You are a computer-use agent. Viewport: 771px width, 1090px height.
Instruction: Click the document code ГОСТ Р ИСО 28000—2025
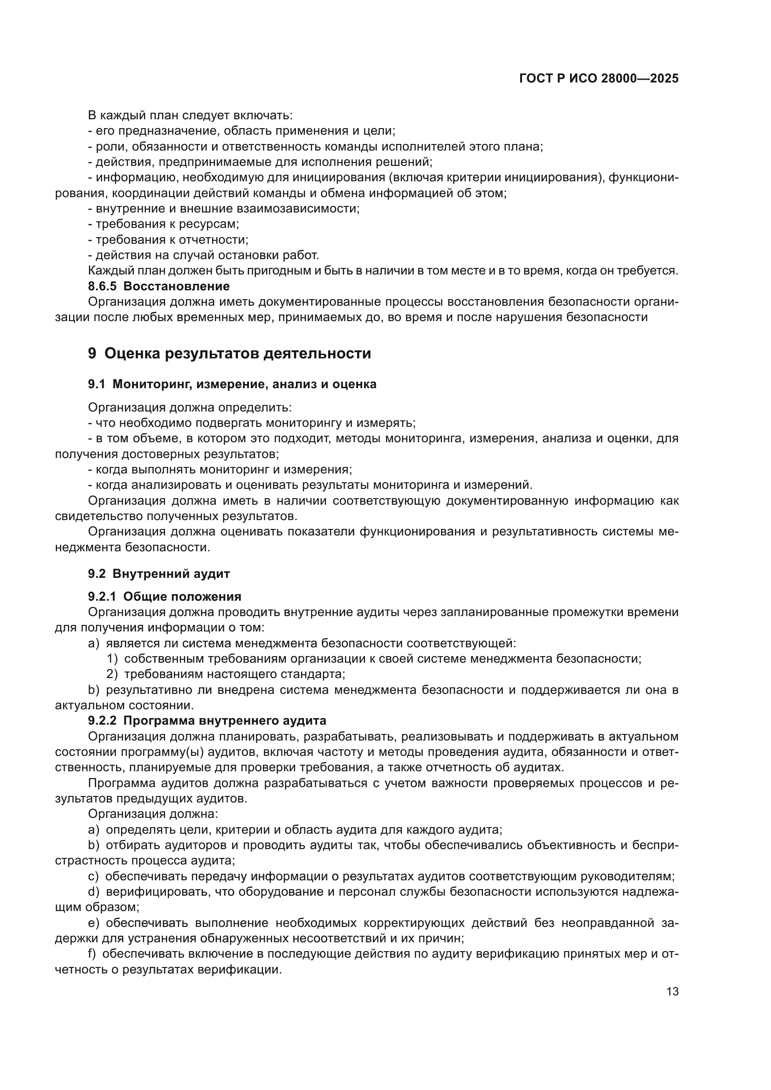(x=599, y=78)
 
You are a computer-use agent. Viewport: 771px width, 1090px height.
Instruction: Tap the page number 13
(x=672, y=992)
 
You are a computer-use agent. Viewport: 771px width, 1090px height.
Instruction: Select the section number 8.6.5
(x=102, y=286)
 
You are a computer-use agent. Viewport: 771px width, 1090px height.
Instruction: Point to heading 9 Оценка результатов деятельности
(x=229, y=354)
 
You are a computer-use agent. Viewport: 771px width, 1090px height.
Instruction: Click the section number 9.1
(x=96, y=384)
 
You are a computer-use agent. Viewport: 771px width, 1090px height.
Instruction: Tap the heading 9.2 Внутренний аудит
(x=158, y=574)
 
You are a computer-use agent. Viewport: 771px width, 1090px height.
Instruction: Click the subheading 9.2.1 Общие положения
(x=164, y=597)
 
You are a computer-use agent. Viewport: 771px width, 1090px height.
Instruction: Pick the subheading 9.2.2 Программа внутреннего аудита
(x=207, y=720)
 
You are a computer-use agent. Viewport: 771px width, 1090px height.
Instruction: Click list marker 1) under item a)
(x=112, y=659)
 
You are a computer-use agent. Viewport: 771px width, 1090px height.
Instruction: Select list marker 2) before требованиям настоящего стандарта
(x=112, y=674)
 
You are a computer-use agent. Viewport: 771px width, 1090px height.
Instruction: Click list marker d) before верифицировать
(x=94, y=891)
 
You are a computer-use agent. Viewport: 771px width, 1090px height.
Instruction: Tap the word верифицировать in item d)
(x=157, y=891)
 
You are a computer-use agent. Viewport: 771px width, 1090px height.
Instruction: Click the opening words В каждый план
(x=117, y=116)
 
